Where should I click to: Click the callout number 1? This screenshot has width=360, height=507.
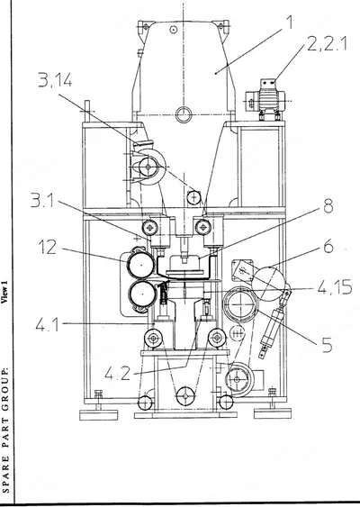289,22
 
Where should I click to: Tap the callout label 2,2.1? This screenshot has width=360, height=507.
327,43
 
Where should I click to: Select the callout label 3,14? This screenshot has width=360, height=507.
55,80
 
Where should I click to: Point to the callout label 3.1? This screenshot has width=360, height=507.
42,201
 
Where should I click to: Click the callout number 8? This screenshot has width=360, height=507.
328,206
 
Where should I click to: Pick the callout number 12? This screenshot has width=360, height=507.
48,248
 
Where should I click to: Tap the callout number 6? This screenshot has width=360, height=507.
328,247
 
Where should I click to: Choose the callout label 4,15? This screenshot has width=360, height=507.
335,286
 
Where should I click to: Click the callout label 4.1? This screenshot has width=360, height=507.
48,324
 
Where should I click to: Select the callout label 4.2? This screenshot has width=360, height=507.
118,374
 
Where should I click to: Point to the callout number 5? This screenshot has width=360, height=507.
327,345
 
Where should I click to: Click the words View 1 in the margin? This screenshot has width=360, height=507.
4,292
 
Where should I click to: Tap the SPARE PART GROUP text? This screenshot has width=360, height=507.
4,430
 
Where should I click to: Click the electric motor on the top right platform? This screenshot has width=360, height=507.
265,100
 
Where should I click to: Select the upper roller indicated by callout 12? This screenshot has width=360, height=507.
141,265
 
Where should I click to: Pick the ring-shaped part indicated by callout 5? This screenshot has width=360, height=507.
241,304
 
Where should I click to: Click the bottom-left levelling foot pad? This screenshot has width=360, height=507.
99,414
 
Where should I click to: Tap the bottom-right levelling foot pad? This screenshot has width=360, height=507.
273,413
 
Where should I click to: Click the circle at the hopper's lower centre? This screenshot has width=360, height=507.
184,114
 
